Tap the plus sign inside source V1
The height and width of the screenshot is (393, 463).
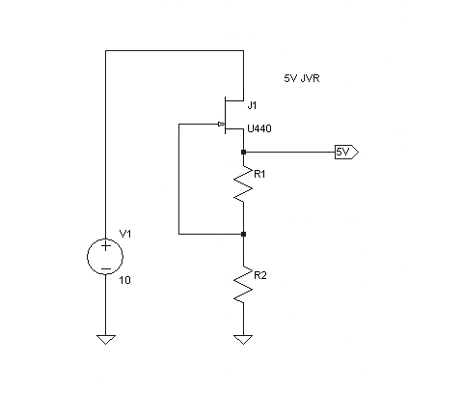tap(105, 246)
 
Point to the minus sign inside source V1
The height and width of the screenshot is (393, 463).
tap(105, 268)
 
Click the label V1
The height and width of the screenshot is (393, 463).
tap(125, 234)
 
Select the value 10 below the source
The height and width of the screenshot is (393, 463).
tap(125, 280)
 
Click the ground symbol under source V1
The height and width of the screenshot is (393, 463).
tap(106, 339)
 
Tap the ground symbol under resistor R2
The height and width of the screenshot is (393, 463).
tap(243, 339)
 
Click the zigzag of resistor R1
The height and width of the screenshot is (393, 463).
tap(243, 183)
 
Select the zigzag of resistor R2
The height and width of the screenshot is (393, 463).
tap(243, 285)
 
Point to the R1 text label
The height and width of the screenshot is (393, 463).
tap(259, 174)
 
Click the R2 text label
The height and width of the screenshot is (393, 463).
tap(260, 275)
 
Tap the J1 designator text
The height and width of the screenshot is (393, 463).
tap(253, 105)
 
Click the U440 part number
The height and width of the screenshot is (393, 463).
tap(259, 128)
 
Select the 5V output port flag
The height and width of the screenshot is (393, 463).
tap(346, 152)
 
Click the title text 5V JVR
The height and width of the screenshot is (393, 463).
tap(302, 78)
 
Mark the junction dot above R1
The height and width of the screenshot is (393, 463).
tap(243, 152)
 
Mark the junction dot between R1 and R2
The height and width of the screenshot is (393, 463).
tap(243, 234)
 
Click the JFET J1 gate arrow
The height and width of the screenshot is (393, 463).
tap(221, 124)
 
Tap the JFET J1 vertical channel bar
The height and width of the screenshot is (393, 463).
tap(225, 115)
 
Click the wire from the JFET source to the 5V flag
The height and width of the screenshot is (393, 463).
tap(289, 152)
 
